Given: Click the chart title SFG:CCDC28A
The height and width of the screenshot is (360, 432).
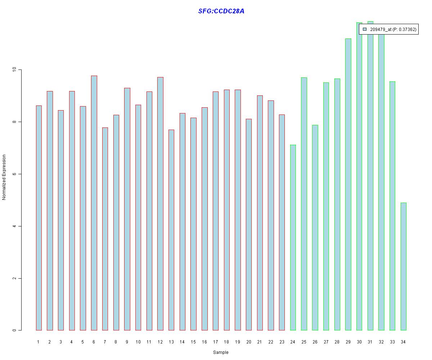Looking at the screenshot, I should coord(221,11).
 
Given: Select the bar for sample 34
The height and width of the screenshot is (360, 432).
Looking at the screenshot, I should coord(403,266).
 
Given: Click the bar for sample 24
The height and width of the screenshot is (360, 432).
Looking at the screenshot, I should coord(293,238).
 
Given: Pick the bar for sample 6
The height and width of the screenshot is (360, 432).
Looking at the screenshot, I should coord(94,203).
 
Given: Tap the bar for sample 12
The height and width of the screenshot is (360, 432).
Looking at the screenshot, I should coord(160,204).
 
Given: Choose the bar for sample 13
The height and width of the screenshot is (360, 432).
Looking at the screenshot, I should coord(171,230).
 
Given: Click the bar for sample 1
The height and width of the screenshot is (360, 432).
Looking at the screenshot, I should coord(39,218).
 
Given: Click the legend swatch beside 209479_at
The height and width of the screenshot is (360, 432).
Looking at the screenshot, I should coord(365,30).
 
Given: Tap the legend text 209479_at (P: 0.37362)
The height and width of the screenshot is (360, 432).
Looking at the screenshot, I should coord(393,30).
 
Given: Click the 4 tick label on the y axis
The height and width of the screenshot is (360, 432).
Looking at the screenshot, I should coord(14,226).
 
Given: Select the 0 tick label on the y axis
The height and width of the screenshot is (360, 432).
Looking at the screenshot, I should coord(14,330).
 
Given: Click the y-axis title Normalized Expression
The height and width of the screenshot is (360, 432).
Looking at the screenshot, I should coord(4,177).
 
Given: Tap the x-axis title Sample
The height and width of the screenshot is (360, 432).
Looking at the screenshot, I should coord(221,352).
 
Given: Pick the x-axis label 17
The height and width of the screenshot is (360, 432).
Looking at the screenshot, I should coord(215,342).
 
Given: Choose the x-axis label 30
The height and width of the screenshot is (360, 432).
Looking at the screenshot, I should coord(359,342).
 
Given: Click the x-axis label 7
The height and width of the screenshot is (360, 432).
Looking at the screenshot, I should coord(105,342).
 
